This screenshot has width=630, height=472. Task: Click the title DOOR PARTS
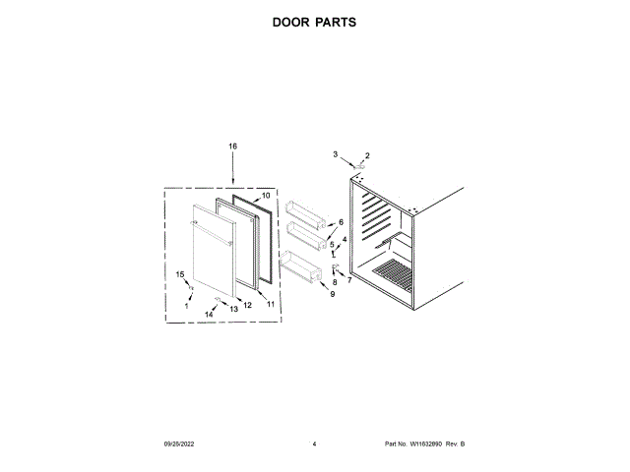pyautogui.click(x=314, y=21)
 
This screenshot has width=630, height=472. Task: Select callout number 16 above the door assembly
pyautogui.click(x=233, y=147)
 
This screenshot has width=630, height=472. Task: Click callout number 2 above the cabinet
pyautogui.click(x=367, y=155)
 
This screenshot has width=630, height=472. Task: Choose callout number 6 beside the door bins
pyautogui.click(x=341, y=222)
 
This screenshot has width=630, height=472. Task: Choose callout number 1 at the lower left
pyautogui.click(x=187, y=306)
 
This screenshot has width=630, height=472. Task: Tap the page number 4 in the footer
pyautogui.click(x=314, y=444)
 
